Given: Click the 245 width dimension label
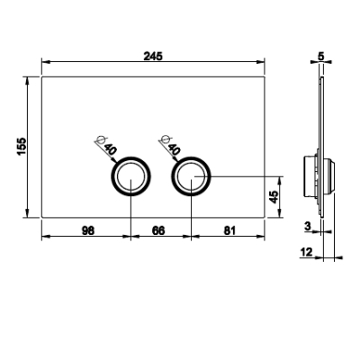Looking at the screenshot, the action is [153, 56].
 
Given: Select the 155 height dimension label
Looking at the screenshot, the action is [22, 147].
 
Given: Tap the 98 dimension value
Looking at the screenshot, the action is [88, 230].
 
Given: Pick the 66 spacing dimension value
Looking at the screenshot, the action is [158, 230].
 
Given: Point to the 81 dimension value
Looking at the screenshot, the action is [229, 230].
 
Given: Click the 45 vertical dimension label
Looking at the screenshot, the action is [274, 197].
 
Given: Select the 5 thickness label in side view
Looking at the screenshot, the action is [321, 57].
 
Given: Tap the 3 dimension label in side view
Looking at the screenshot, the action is [307, 226].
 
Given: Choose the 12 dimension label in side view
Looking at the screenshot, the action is [306, 252].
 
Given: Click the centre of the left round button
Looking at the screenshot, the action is [131, 176].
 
